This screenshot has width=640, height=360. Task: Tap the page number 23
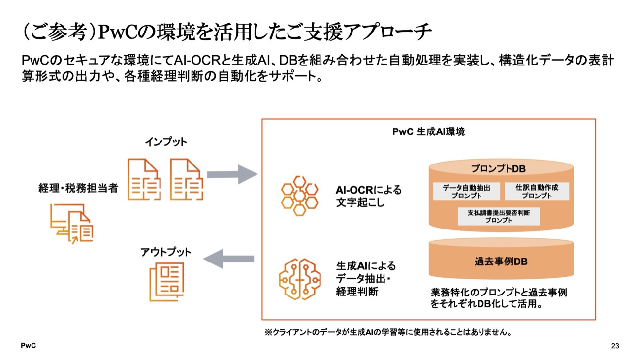[x=614, y=346]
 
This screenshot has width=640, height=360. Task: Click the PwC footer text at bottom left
[x=28, y=346]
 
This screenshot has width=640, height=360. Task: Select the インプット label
[x=165, y=142]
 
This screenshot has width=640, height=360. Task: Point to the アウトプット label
[x=165, y=252]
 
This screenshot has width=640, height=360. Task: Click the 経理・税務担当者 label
[x=78, y=188]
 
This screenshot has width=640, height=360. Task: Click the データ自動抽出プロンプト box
[x=466, y=191]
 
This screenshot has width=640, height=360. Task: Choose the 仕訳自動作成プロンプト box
[x=536, y=191]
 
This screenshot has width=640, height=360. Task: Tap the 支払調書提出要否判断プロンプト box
[x=498, y=216]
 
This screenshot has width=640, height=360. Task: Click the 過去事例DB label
[x=501, y=262]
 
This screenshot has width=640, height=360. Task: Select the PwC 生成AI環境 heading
[x=428, y=132]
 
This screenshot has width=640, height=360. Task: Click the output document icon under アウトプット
[x=167, y=282]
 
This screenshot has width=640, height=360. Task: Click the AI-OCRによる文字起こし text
[x=368, y=196]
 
